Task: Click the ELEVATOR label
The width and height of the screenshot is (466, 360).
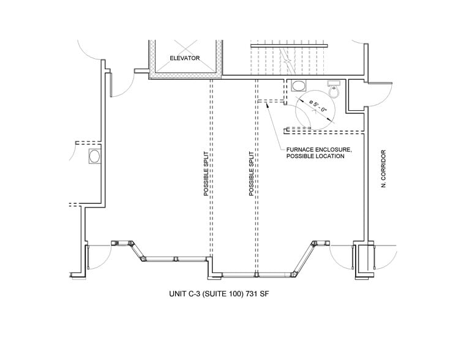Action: pos(184,58)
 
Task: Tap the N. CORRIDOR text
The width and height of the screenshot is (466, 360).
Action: pos(383,168)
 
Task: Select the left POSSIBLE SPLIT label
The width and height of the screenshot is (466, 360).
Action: pos(206,173)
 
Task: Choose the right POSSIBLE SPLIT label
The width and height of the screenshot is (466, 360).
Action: pos(251,173)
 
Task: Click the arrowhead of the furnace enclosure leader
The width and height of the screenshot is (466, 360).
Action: pos(266,105)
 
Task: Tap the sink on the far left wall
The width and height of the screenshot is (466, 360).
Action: pos(95,156)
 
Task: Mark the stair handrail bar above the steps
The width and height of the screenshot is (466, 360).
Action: pos(289,46)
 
